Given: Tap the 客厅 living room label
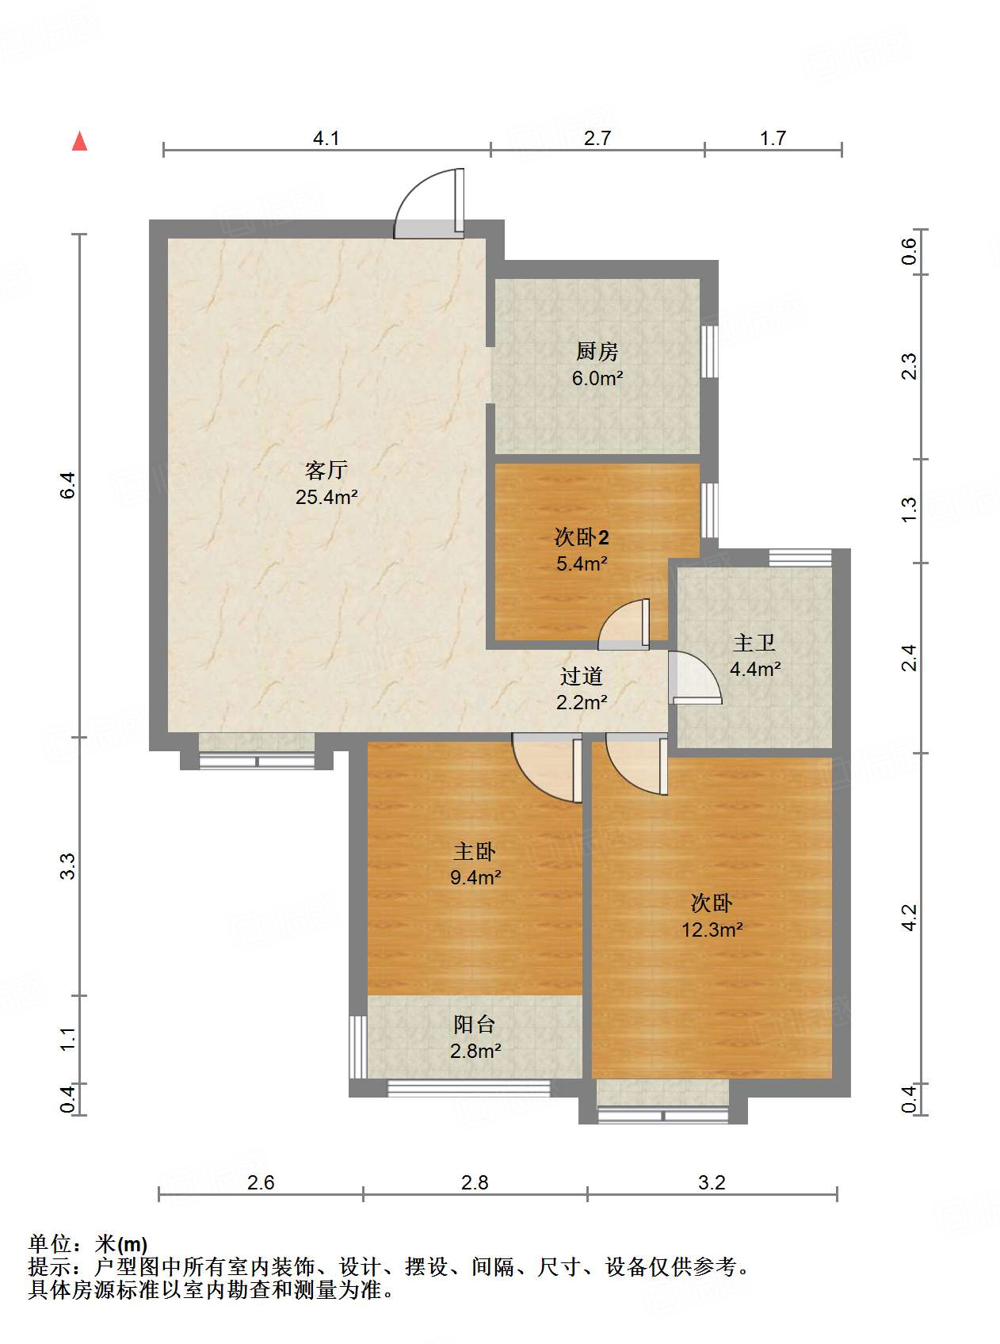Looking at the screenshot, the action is (326, 470).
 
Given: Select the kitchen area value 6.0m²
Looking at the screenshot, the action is (597, 378).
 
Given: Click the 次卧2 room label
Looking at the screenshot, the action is (582, 536).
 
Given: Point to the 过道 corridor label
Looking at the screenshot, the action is (581, 676).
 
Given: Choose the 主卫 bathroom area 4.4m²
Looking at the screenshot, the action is (754, 669).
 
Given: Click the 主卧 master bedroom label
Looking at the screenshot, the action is (475, 851).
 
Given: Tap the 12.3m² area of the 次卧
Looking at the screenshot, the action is (712, 930).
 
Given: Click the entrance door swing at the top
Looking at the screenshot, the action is (429, 204).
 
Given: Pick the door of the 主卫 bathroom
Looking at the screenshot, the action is (695, 678).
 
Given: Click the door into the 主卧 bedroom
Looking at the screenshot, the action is (548, 768).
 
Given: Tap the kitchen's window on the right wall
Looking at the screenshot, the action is (709, 351).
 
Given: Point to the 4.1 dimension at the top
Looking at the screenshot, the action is (326, 138).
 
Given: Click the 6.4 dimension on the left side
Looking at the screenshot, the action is (68, 485).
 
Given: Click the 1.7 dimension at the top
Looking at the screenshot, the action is (773, 138).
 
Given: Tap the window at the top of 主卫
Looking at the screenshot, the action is (800, 557).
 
